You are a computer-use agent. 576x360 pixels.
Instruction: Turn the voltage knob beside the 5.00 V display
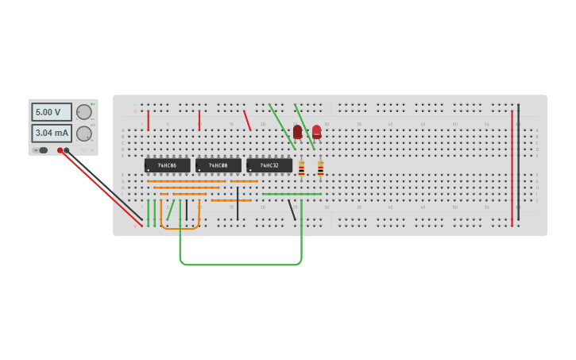[x=83, y=112]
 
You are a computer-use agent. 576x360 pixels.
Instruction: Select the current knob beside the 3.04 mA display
[x=83, y=134]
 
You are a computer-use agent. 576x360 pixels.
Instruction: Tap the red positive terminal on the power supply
[x=60, y=150]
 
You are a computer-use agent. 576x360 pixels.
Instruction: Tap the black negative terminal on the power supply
[x=67, y=150]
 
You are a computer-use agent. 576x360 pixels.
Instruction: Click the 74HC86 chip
[x=167, y=165]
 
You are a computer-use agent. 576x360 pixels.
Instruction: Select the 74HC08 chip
[x=218, y=165]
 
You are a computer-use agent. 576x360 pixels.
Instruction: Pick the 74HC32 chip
[x=269, y=165]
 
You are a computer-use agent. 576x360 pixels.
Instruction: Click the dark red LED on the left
[x=297, y=131]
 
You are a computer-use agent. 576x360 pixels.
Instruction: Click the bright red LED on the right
[x=316, y=131]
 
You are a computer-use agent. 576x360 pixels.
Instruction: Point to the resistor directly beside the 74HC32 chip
[x=301, y=168]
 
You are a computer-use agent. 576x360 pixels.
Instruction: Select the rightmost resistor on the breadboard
[x=320, y=168]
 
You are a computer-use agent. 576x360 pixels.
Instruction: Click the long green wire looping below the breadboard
[x=238, y=264]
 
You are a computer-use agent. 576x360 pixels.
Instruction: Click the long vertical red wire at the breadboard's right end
[x=512, y=167]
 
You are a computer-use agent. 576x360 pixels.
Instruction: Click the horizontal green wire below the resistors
[x=291, y=194]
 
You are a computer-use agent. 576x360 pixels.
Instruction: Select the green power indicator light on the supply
[x=92, y=104]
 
